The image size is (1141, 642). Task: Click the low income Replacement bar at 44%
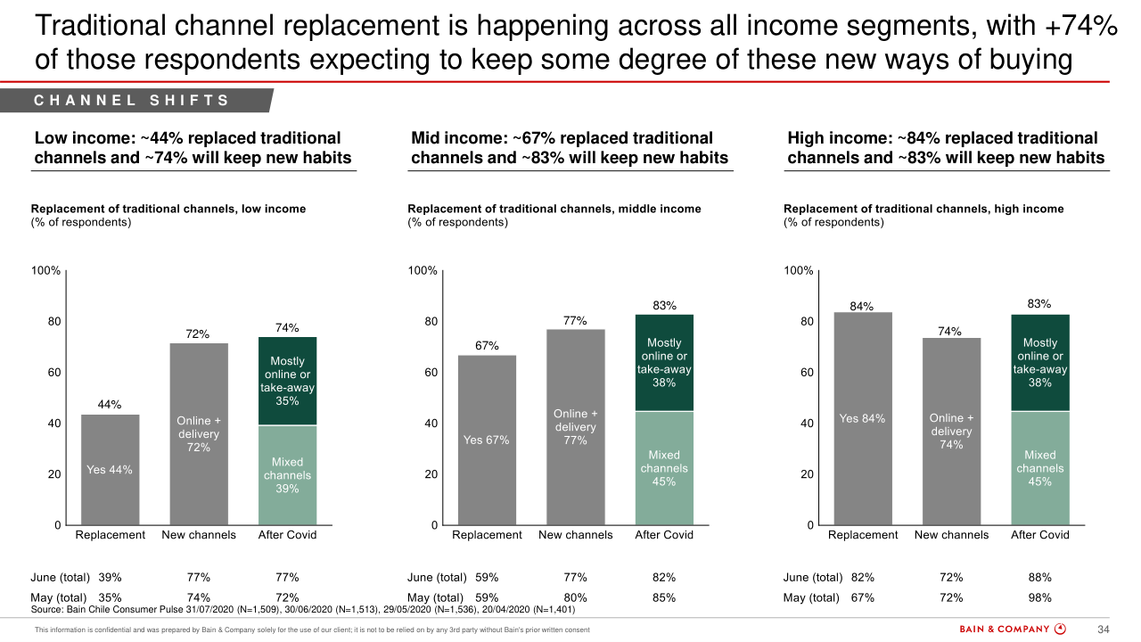click(x=110, y=469)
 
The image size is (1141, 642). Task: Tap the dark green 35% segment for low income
click(x=287, y=381)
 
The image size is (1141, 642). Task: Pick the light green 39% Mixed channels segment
click(x=287, y=474)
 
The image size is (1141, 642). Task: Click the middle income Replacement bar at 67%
click(x=487, y=440)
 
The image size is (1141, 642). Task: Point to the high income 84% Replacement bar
click(x=862, y=418)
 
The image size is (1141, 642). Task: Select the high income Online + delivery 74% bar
click(x=951, y=431)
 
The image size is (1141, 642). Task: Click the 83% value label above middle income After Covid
click(x=664, y=305)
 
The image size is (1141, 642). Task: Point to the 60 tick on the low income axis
click(x=54, y=373)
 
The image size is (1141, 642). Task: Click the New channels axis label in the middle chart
click(x=576, y=535)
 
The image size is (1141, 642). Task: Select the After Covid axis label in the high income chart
click(x=1040, y=535)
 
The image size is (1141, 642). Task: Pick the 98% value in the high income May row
click(x=1040, y=598)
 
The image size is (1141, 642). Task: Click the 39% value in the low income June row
click(x=110, y=578)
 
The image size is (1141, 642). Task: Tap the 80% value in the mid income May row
click(x=575, y=598)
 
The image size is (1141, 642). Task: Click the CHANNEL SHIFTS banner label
click(x=132, y=101)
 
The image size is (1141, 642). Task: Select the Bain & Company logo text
click(x=1005, y=630)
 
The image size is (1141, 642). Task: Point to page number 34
click(x=1103, y=630)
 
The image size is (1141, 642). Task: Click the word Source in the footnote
click(x=48, y=610)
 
